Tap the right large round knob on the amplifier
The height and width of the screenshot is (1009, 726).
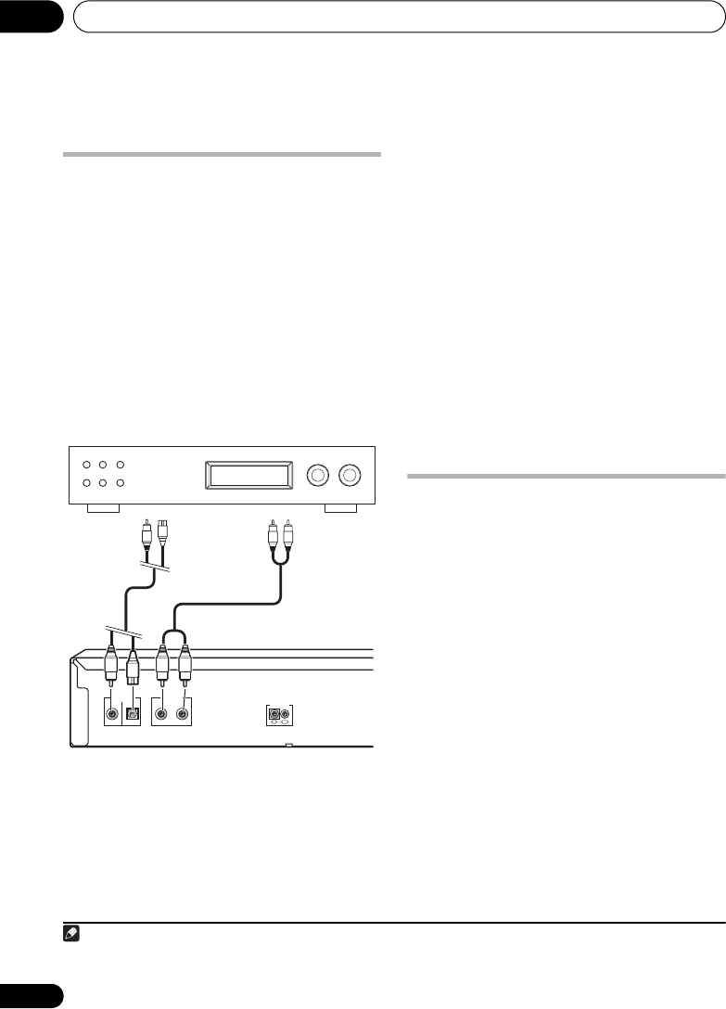[x=349, y=476]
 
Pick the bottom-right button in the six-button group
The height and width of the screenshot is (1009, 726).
[x=121, y=483]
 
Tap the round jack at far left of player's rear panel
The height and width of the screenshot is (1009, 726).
[x=112, y=714]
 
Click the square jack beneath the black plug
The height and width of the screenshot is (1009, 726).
[x=133, y=714]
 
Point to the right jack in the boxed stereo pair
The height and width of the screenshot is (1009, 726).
[x=184, y=714]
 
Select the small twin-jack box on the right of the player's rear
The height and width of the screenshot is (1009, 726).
[x=279, y=715]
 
